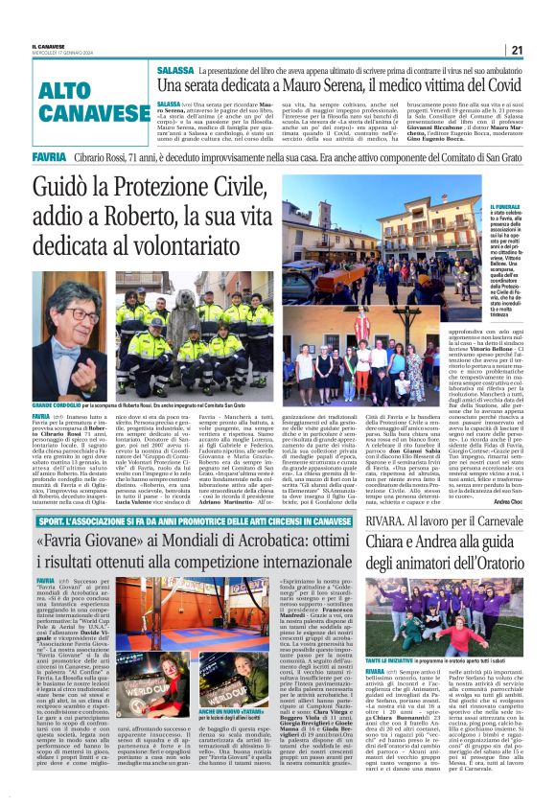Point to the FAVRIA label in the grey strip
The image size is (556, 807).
pyautogui.click(x=49, y=155)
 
